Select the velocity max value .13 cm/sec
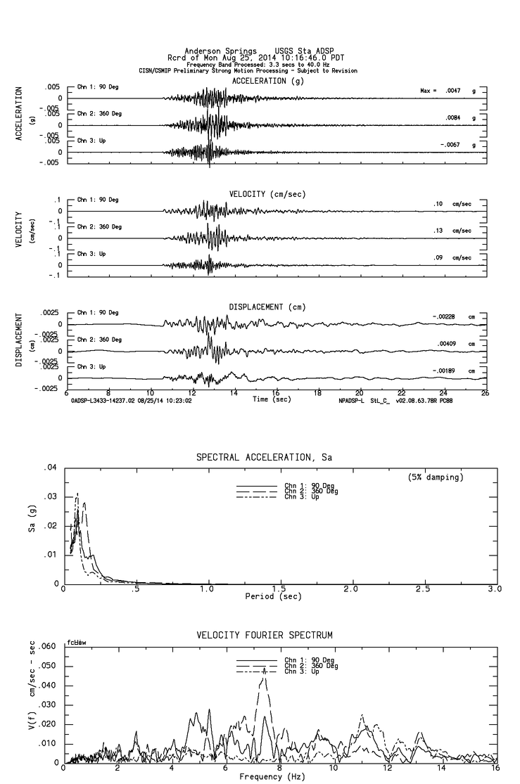(x=437, y=230)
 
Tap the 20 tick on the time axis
(x=360, y=393)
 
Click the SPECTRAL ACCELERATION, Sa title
(x=264, y=458)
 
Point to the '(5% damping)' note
(x=436, y=477)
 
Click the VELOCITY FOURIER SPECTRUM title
(x=264, y=636)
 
